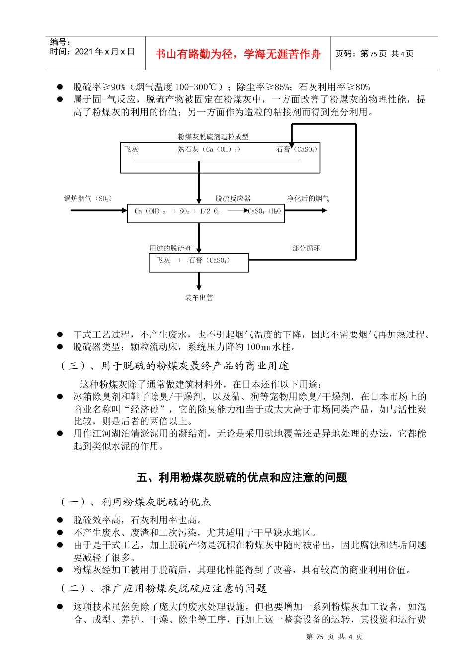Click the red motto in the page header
point(238,54)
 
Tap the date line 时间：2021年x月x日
point(92,52)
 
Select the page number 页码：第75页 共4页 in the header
point(375,54)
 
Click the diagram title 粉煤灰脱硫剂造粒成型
point(213,137)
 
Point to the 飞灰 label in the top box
point(132,149)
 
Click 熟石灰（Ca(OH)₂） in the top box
point(209,149)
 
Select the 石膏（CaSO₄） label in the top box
point(297,149)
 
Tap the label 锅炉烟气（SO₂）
point(88,199)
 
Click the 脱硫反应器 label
point(233,199)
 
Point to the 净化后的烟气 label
point(308,199)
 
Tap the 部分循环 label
point(306,248)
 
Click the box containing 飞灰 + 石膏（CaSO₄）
point(199,262)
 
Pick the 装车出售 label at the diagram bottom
point(199,298)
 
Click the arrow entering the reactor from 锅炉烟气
point(99,210)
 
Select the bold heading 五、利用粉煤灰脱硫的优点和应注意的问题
point(241,478)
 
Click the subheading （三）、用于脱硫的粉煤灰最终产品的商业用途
point(174,366)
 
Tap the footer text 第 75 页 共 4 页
point(334,637)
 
